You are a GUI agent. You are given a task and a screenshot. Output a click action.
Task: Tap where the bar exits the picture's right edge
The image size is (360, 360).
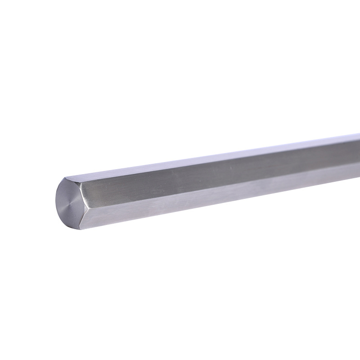[358, 156]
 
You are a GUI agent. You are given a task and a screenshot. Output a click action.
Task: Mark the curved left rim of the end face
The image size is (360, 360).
[56, 202]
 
